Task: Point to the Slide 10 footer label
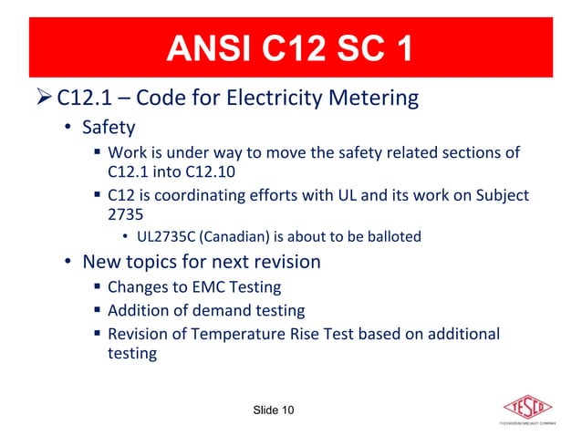[273, 410]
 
